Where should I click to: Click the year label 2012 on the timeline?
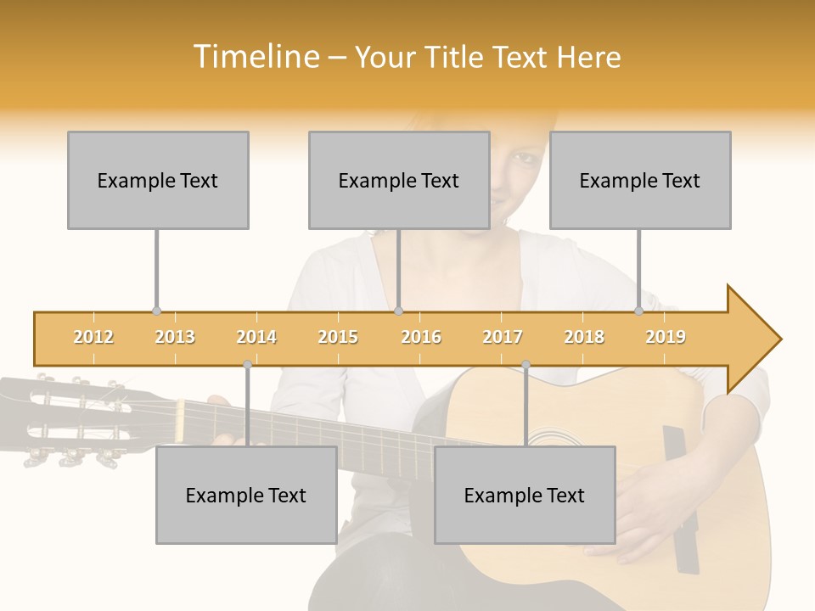click(93, 337)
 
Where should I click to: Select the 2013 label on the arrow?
click(175, 337)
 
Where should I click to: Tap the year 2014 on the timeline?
click(256, 337)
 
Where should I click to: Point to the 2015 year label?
click(338, 337)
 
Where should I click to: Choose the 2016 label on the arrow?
click(421, 337)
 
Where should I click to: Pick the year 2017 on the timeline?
click(503, 337)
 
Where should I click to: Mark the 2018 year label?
click(584, 337)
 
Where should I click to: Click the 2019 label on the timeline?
click(666, 337)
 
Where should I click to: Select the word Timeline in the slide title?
click(255, 57)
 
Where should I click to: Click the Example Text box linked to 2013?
click(158, 180)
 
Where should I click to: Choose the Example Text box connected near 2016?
click(399, 180)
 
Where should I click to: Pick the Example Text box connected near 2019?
click(640, 180)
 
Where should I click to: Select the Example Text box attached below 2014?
click(246, 495)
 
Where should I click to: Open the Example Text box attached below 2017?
click(525, 495)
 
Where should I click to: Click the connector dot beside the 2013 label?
click(156, 311)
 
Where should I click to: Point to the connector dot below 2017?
click(526, 365)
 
